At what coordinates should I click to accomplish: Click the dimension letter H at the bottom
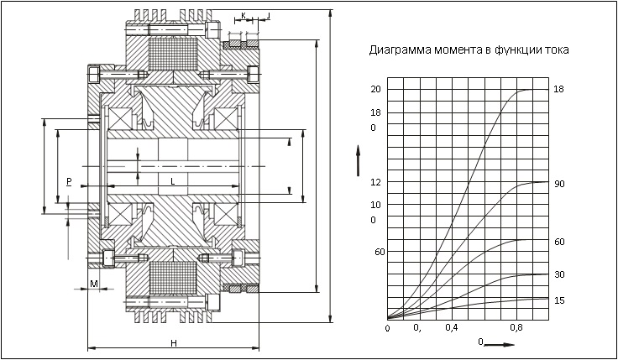coord(173,342)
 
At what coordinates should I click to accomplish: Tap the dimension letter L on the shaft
coord(172,181)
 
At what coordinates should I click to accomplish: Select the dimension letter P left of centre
coord(68,181)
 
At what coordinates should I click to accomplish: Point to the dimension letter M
coord(93,284)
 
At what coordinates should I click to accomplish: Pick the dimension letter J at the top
coord(268,15)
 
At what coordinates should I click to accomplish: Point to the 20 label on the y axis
coord(375,89)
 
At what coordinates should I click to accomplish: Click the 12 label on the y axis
coord(375,182)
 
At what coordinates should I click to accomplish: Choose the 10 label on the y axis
coord(375,205)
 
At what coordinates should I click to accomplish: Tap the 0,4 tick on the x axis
coord(452,327)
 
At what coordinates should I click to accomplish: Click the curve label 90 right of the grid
coord(559,183)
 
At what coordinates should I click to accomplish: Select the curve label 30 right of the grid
coord(559,274)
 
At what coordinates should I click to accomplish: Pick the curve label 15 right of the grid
coord(559,300)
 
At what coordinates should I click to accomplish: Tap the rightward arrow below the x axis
coord(500,343)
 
